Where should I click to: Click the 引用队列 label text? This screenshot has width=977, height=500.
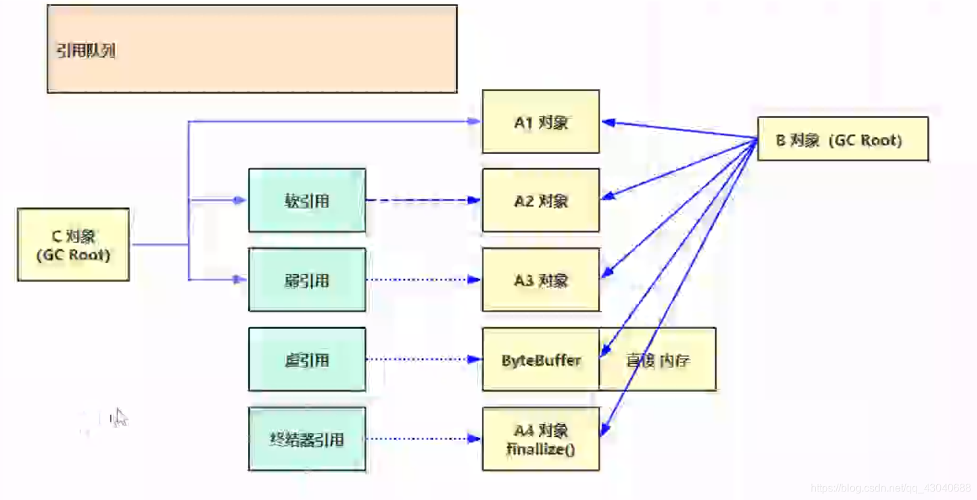click(86, 51)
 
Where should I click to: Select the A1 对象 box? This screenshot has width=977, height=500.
click(540, 122)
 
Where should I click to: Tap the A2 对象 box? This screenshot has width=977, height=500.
click(540, 200)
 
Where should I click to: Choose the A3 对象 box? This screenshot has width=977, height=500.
click(540, 280)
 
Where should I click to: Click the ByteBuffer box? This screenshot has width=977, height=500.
click(540, 360)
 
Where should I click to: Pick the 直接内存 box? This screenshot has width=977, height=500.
click(657, 360)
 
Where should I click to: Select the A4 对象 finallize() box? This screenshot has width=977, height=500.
click(540, 439)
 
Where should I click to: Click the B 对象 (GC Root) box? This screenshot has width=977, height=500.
click(842, 139)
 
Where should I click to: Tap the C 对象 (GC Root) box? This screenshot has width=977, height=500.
click(73, 245)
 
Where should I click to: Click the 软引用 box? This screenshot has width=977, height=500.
click(307, 200)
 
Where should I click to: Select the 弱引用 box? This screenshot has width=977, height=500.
click(307, 280)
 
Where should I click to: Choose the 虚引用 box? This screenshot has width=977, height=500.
click(307, 360)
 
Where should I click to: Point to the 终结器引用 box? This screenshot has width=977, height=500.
click(307, 439)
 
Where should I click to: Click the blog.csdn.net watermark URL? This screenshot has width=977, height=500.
click(890, 488)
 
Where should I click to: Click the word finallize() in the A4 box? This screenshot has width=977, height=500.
click(540, 449)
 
